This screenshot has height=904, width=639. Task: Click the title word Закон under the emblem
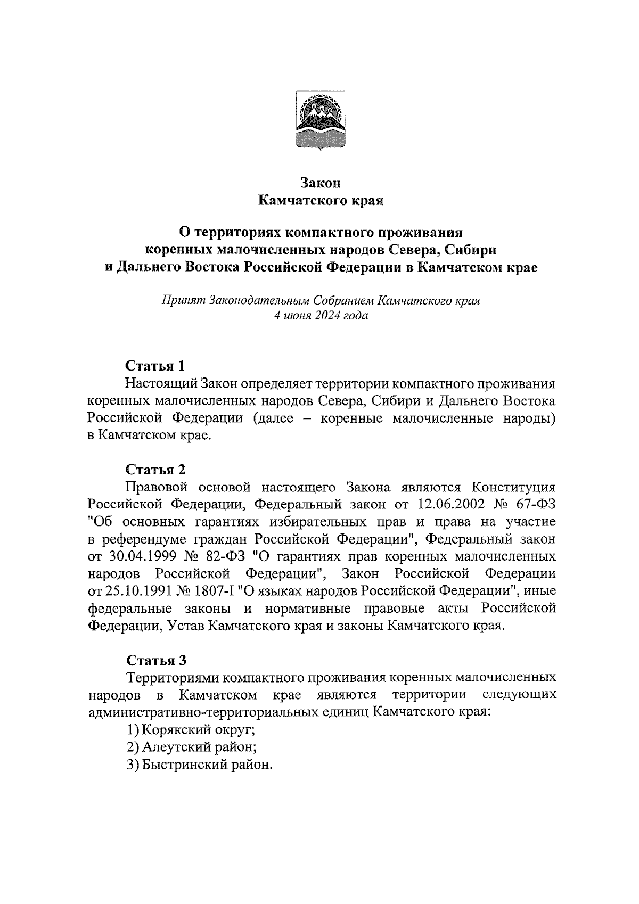pyautogui.click(x=320, y=183)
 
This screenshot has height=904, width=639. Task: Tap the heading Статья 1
pyautogui.click(x=155, y=366)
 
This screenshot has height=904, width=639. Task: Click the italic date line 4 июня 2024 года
pyautogui.click(x=320, y=316)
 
